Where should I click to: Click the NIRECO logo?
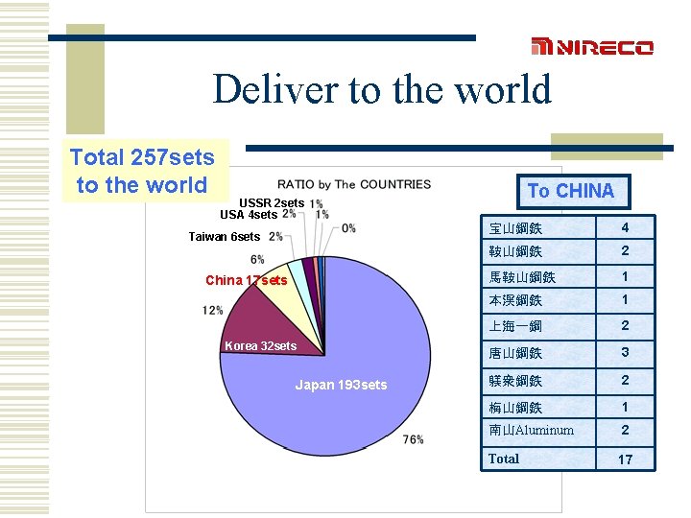592,47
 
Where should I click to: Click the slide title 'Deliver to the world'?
382,89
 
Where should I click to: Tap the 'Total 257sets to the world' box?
142,171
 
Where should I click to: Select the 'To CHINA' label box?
570,190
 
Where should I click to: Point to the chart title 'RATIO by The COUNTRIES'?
354,184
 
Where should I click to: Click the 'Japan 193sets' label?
341,385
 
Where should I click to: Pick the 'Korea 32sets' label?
260,345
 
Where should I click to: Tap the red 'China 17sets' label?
246,280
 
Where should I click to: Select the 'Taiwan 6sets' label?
224,236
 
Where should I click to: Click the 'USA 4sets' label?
249,215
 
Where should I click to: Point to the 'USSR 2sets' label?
272,203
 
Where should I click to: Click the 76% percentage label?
414,439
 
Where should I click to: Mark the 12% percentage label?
213,310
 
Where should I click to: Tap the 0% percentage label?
348,228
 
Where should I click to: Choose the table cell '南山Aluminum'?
531,430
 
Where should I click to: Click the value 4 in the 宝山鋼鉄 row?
625,227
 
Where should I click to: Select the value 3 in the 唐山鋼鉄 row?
625,352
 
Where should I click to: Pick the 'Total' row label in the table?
504,459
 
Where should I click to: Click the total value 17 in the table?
625,459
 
